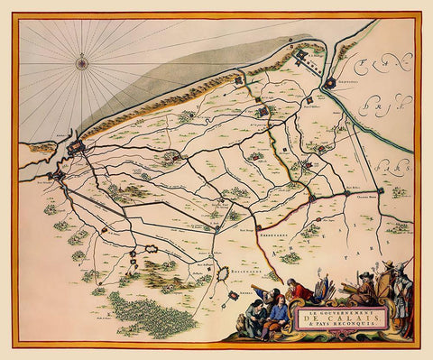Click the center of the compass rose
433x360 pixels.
(x=82, y=62)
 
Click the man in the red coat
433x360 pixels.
(x=299, y=291)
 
